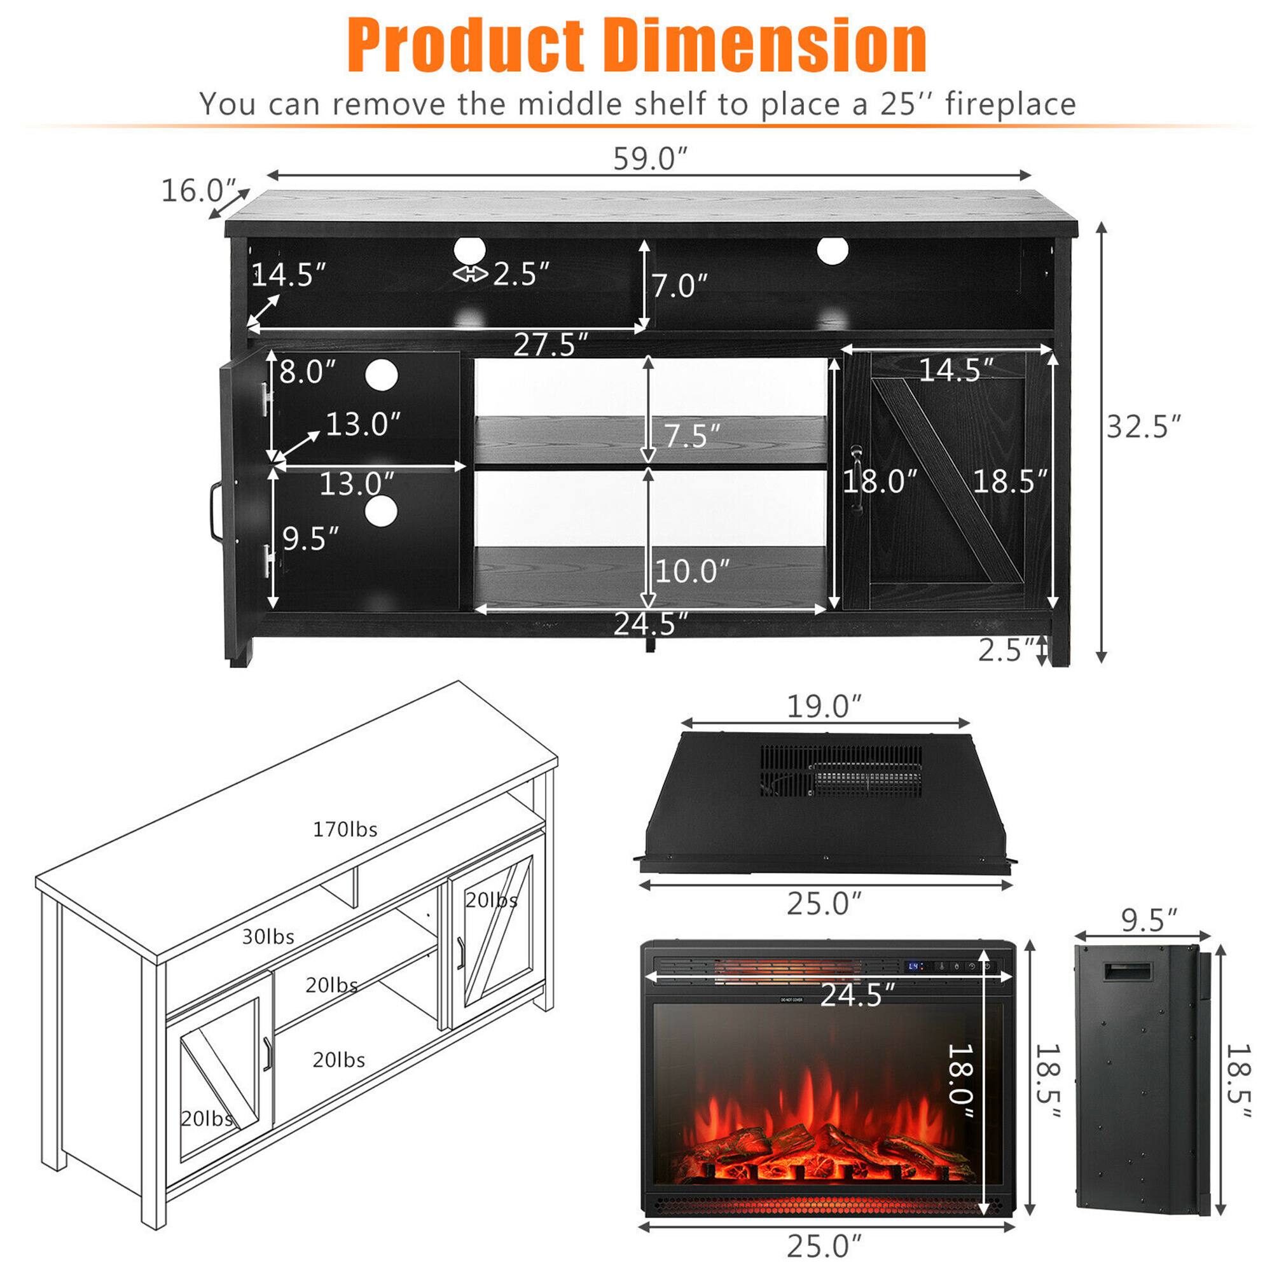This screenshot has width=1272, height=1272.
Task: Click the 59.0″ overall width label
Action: click(650, 160)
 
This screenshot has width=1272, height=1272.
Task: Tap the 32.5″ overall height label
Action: click(1144, 427)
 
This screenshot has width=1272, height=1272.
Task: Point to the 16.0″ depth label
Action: click(199, 191)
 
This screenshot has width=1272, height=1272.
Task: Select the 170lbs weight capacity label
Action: click(345, 829)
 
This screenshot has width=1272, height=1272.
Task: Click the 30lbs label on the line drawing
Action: click(268, 937)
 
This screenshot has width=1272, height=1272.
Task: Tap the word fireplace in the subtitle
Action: click(1010, 104)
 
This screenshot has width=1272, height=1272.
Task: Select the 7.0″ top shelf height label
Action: click(679, 286)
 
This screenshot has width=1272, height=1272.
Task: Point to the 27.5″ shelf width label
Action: click(550, 345)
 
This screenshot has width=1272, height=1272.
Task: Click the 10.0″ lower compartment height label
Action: click(692, 571)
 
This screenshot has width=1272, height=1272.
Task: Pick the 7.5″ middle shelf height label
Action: click(691, 436)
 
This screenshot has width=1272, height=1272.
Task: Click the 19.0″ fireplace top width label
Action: click(824, 707)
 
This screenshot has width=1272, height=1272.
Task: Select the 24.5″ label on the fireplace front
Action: click(857, 995)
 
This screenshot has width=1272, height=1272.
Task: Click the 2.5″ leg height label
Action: click(1006, 651)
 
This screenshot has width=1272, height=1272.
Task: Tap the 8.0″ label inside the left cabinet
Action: click(307, 372)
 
